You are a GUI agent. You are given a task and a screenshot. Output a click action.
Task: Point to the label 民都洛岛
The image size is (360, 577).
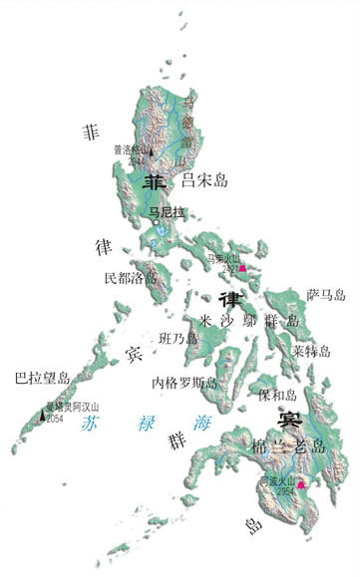point(131,278)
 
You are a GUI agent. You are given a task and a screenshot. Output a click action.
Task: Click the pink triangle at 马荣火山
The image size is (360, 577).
point(241,267)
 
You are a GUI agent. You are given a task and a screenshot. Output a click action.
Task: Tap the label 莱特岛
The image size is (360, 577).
point(311,351)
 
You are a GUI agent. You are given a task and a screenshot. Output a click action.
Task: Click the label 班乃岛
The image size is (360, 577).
point(180,339)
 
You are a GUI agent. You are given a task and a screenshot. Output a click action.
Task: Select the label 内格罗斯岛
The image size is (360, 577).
point(185,383)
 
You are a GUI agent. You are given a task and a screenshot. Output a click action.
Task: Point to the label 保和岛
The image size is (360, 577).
point(276,396)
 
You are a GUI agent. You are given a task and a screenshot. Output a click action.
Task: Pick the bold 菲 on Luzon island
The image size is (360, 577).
point(156,182)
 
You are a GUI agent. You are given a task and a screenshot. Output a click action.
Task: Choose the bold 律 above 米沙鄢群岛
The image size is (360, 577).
point(228,299)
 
